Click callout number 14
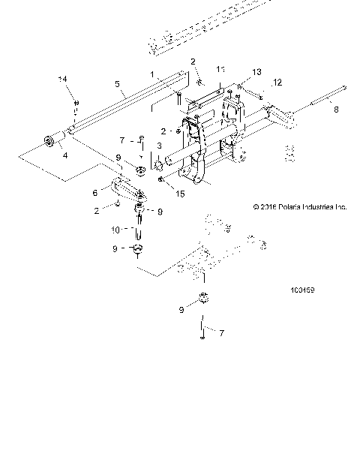tap(63, 79)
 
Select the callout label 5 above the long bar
tap(117, 84)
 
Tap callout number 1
tap(152, 74)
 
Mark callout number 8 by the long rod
tap(335, 109)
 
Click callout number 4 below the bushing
tap(64, 155)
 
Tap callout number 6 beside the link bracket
tap(115, 192)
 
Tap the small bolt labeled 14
tap(75, 104)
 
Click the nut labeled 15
tap(160, 179)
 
